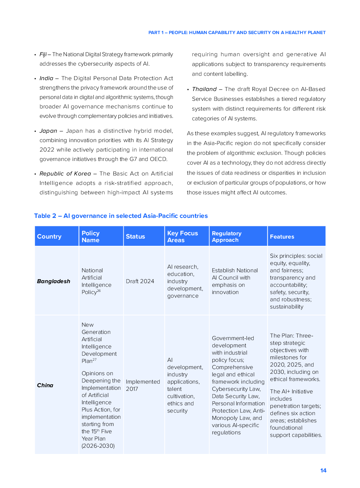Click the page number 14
coord(323,470)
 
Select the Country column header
coord(49,236)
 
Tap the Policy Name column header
coord(91,236)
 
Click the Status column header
coord(135,236)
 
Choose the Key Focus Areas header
coord(183,236)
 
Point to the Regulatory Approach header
coord(226,236)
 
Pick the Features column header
coord(282,236)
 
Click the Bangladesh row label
coord(54,281)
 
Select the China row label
coord(45,385)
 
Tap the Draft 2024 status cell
coord(140,281)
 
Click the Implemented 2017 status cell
coord(143,385)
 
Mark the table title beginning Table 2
coord(121,216)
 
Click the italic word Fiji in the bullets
coord(43,54)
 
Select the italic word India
coord(46,78)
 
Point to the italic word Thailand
coord(204,89)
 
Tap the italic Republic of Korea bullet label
coord(65,174)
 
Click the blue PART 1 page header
coord(237,33)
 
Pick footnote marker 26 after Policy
coord(99,291)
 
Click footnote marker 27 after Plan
coord(95,360)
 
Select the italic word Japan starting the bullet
coord(48,131)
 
